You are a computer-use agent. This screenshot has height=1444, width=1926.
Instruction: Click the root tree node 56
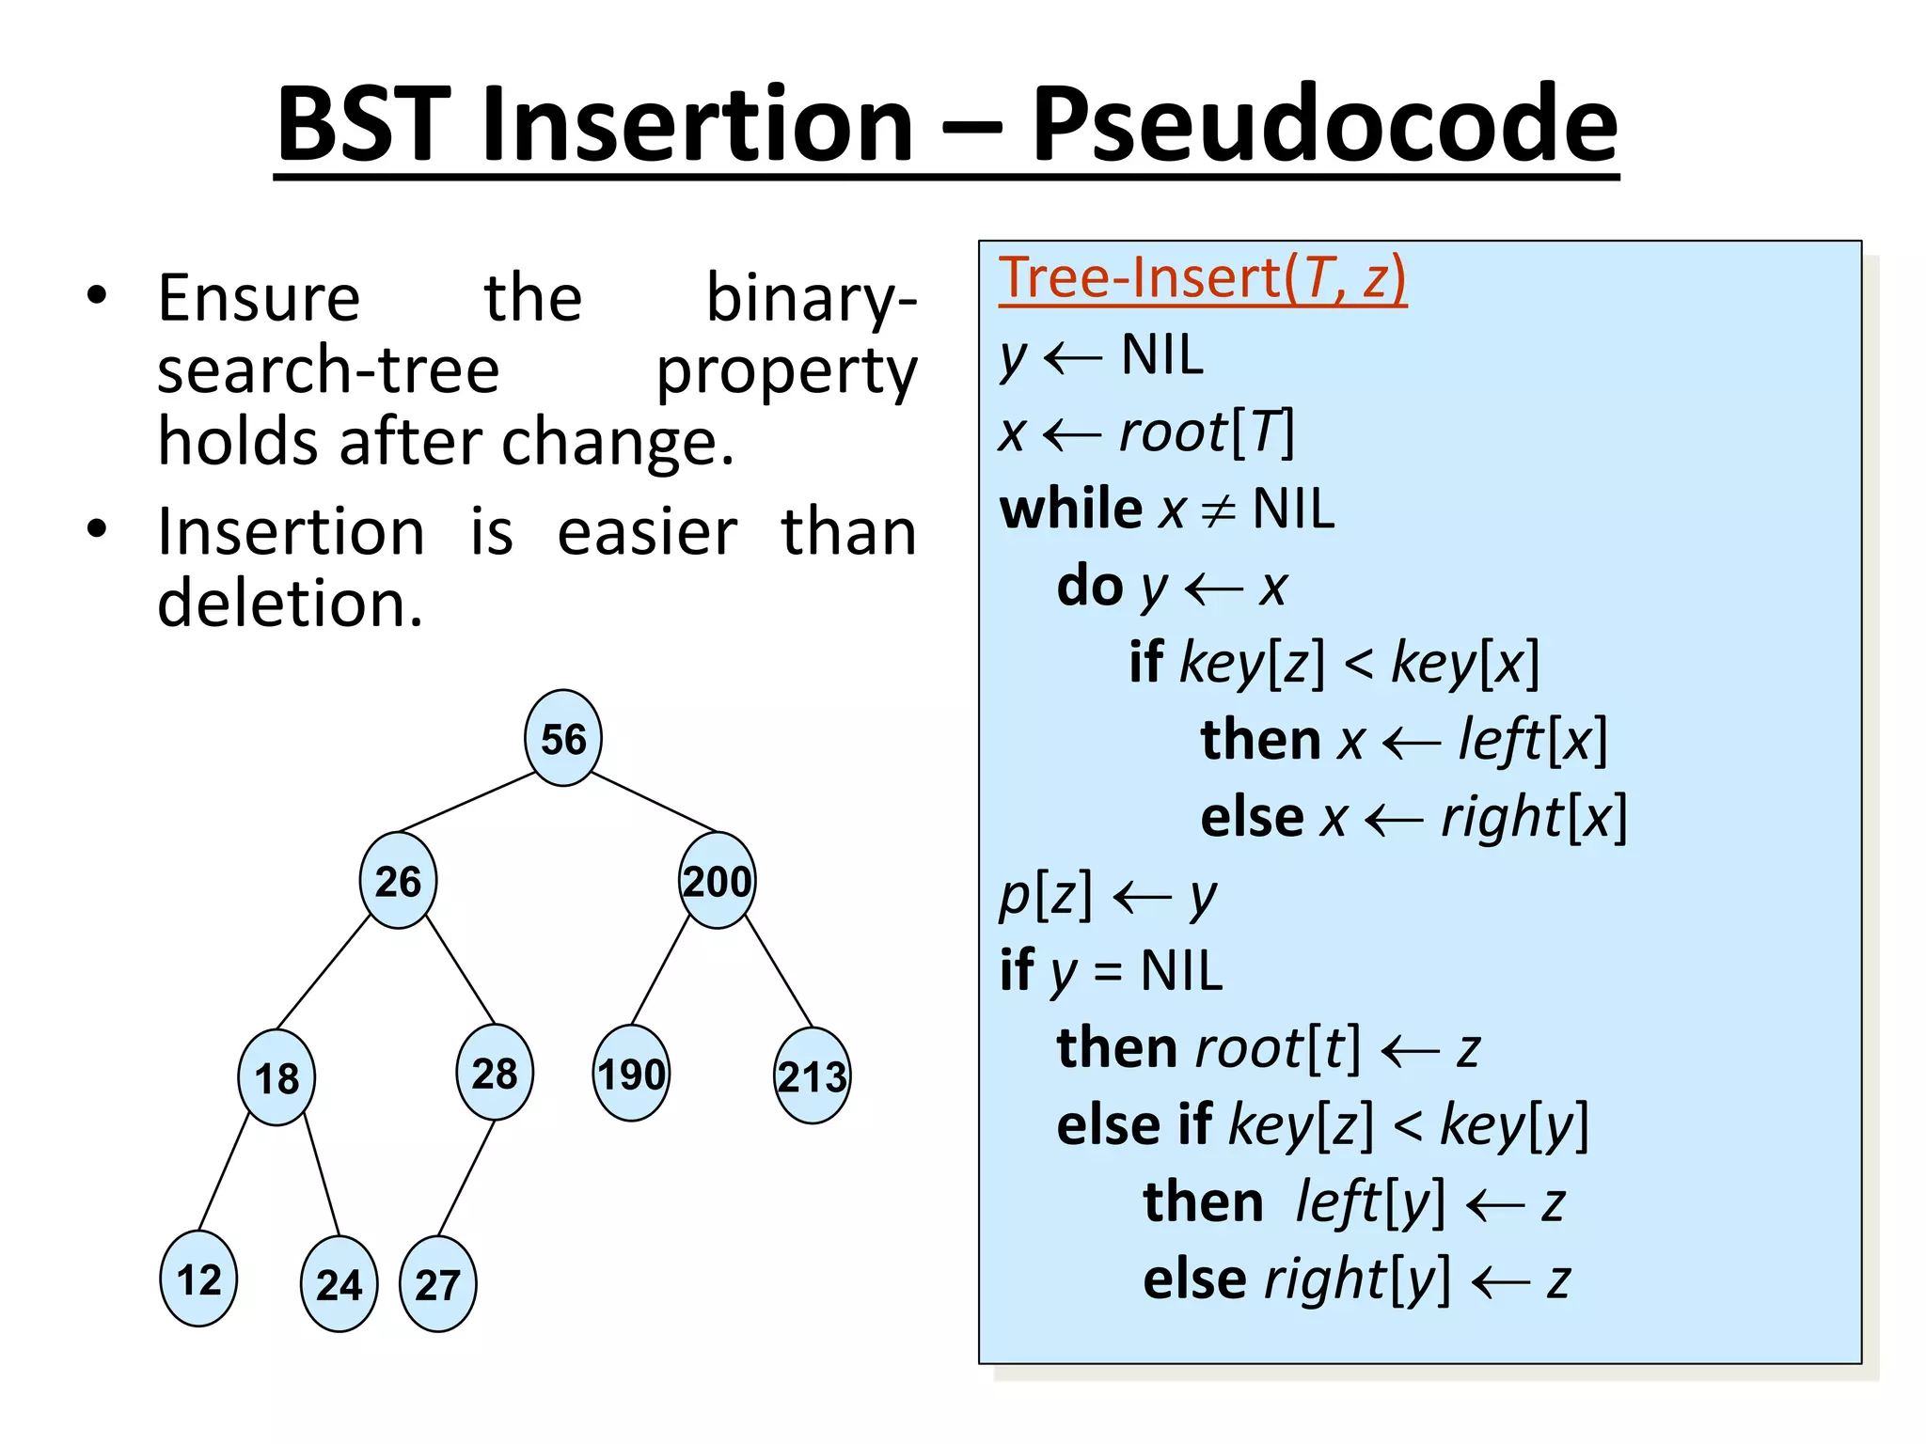pos(562,738)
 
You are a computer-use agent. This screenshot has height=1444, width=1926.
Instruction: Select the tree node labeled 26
pos(398,881)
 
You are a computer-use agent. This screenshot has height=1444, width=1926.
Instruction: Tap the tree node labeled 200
pos(717,881)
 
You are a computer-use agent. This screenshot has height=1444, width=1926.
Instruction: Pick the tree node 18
pos(276,1077)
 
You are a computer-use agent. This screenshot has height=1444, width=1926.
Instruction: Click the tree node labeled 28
pos(494,1073)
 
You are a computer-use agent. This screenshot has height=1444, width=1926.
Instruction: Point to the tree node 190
pos(631,1074)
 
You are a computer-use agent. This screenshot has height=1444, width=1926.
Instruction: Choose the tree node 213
pos(812,1076)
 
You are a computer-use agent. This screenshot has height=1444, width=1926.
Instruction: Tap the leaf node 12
pos(198,1279)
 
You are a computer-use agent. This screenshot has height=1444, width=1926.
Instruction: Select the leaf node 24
pos(339,1284)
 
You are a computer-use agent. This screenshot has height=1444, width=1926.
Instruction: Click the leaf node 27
pos(437,1284)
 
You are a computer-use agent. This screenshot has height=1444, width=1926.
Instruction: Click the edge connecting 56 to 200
pos(654,802)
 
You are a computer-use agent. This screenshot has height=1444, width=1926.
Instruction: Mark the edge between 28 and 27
pos(466,1177)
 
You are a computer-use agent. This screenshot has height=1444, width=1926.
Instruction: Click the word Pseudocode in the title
pos(1324,124)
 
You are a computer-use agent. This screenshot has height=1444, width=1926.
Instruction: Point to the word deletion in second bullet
pos(289,603)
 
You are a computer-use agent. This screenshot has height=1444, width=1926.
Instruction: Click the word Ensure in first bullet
pos(259,298)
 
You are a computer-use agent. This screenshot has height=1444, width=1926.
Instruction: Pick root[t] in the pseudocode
pos(1277,1047)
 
